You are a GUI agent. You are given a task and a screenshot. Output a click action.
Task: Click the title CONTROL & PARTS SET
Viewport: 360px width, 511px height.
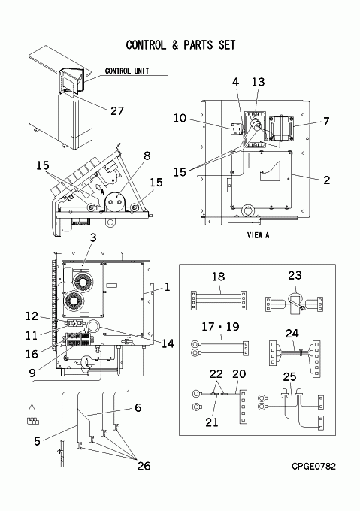click(x=180, y=45)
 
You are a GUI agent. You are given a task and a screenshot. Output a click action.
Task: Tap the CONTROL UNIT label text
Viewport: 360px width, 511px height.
click(x=127, y=71)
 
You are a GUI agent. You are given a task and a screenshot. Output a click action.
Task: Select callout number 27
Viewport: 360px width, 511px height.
click(x=117, y=110)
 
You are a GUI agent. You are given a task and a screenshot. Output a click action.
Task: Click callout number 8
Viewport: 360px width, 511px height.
click(x=147, y=156)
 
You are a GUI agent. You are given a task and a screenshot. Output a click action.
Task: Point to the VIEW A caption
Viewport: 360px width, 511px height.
click(x=258, y=235)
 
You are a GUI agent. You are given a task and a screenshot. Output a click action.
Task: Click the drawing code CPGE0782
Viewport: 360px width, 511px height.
click(x=313, y=467)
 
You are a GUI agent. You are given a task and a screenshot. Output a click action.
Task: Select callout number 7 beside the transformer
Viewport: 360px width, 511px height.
click(x=326, y=122)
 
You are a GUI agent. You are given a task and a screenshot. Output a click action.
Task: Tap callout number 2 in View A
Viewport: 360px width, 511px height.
click(x=326, y=180)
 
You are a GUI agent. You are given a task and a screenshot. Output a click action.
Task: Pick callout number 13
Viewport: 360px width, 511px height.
click(x=258, y=82)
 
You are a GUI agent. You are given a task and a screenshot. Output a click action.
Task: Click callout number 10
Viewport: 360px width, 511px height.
click(x=180, y=118)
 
